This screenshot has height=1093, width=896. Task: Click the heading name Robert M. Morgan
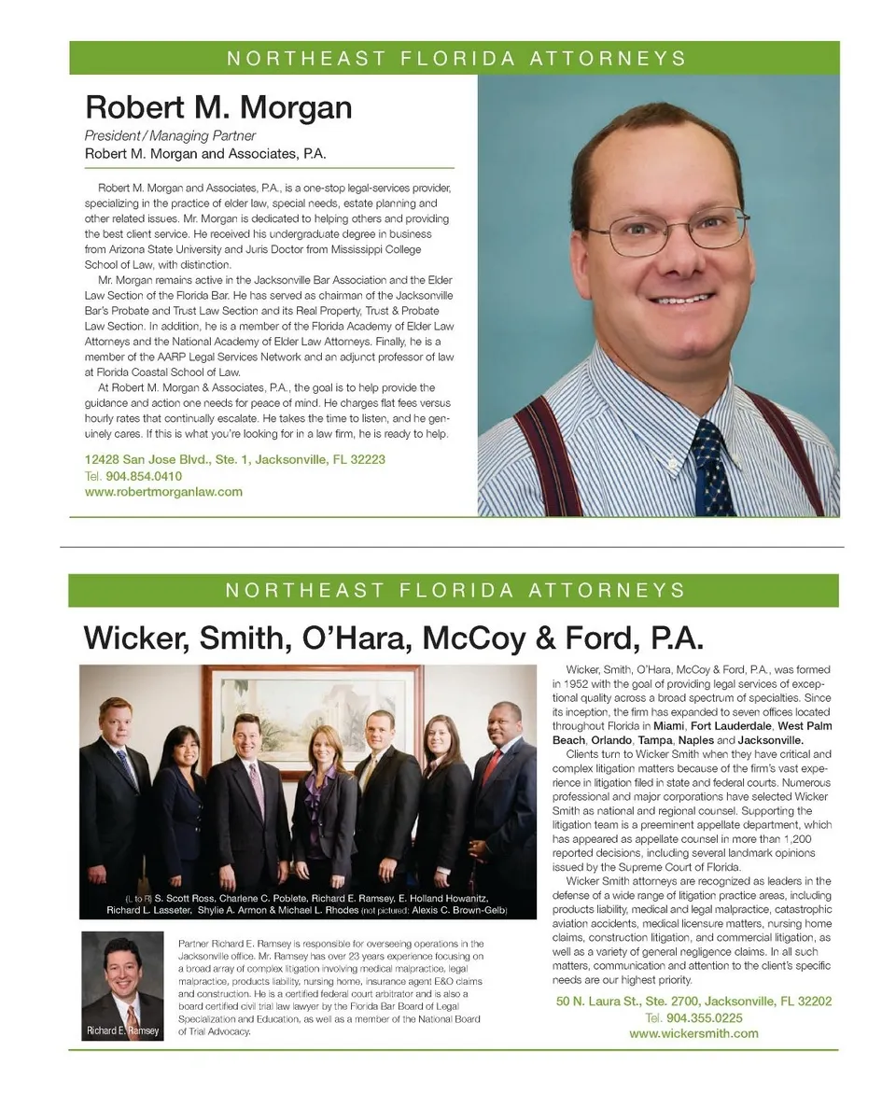(218, 107)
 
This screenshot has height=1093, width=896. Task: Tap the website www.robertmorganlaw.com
(163, 491)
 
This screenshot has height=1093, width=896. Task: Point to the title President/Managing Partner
(170, 135)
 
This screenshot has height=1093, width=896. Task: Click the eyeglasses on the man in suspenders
(667, 231)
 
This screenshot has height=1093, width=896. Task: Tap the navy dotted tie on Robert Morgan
(712, 467)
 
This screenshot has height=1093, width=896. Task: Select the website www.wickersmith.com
(693, 1033)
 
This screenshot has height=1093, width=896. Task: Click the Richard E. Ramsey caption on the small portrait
(122, 1031)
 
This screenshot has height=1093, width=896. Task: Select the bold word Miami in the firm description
(665, 726)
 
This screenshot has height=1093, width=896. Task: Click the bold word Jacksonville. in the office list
(771, 740)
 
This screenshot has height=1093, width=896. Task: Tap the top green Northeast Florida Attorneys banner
(455, 58)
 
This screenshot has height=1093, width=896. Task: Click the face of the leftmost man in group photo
(115, 720)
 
